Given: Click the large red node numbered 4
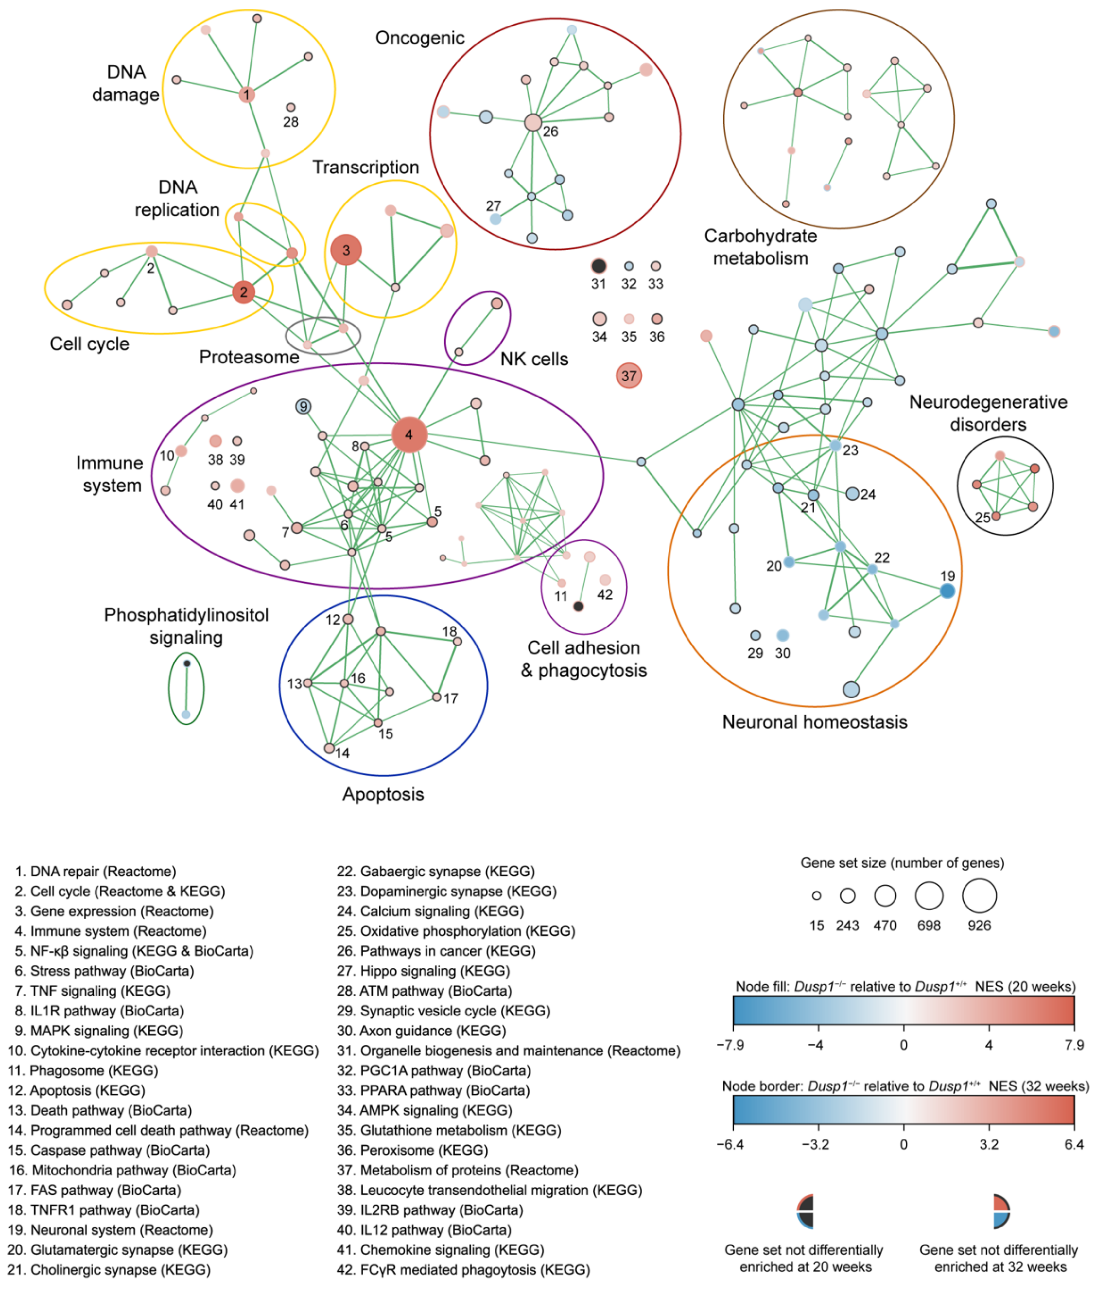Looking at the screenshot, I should (x=409, y=435).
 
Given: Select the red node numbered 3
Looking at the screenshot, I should (x=346, y=250).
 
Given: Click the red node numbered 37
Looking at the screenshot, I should (x=629, y=375).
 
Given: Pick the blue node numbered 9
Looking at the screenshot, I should (x=303, y=407).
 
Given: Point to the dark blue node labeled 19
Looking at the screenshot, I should (x=947, y=591).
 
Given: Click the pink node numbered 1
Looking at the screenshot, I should (x=247, y=94).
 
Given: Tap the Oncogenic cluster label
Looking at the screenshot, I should (x=420, y=38).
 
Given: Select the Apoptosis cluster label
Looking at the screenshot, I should (x=383, y=794).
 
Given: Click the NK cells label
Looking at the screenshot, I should (x=534, y=359).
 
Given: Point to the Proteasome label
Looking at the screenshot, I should (x=249, y=357).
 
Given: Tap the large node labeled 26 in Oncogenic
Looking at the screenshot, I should (x=532, y=122).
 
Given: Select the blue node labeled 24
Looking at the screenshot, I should (x=852, y=494).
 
